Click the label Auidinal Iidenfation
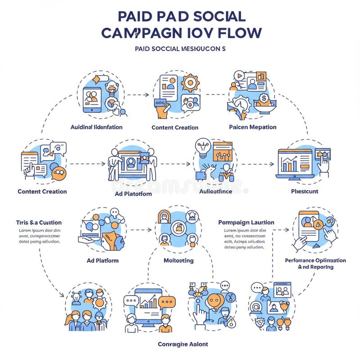tap(96, 127)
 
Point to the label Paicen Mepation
tap(252, 127)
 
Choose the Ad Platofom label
tap(130, 194)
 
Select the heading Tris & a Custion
tap(39, 222)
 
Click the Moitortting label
tap(178, 260)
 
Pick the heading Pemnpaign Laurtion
tap(246, 222)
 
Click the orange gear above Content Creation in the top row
tap(191, 83)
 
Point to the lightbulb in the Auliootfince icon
tap(203, 147)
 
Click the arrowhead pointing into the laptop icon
tap(272, 164)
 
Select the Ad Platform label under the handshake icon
tap(103, 260)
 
